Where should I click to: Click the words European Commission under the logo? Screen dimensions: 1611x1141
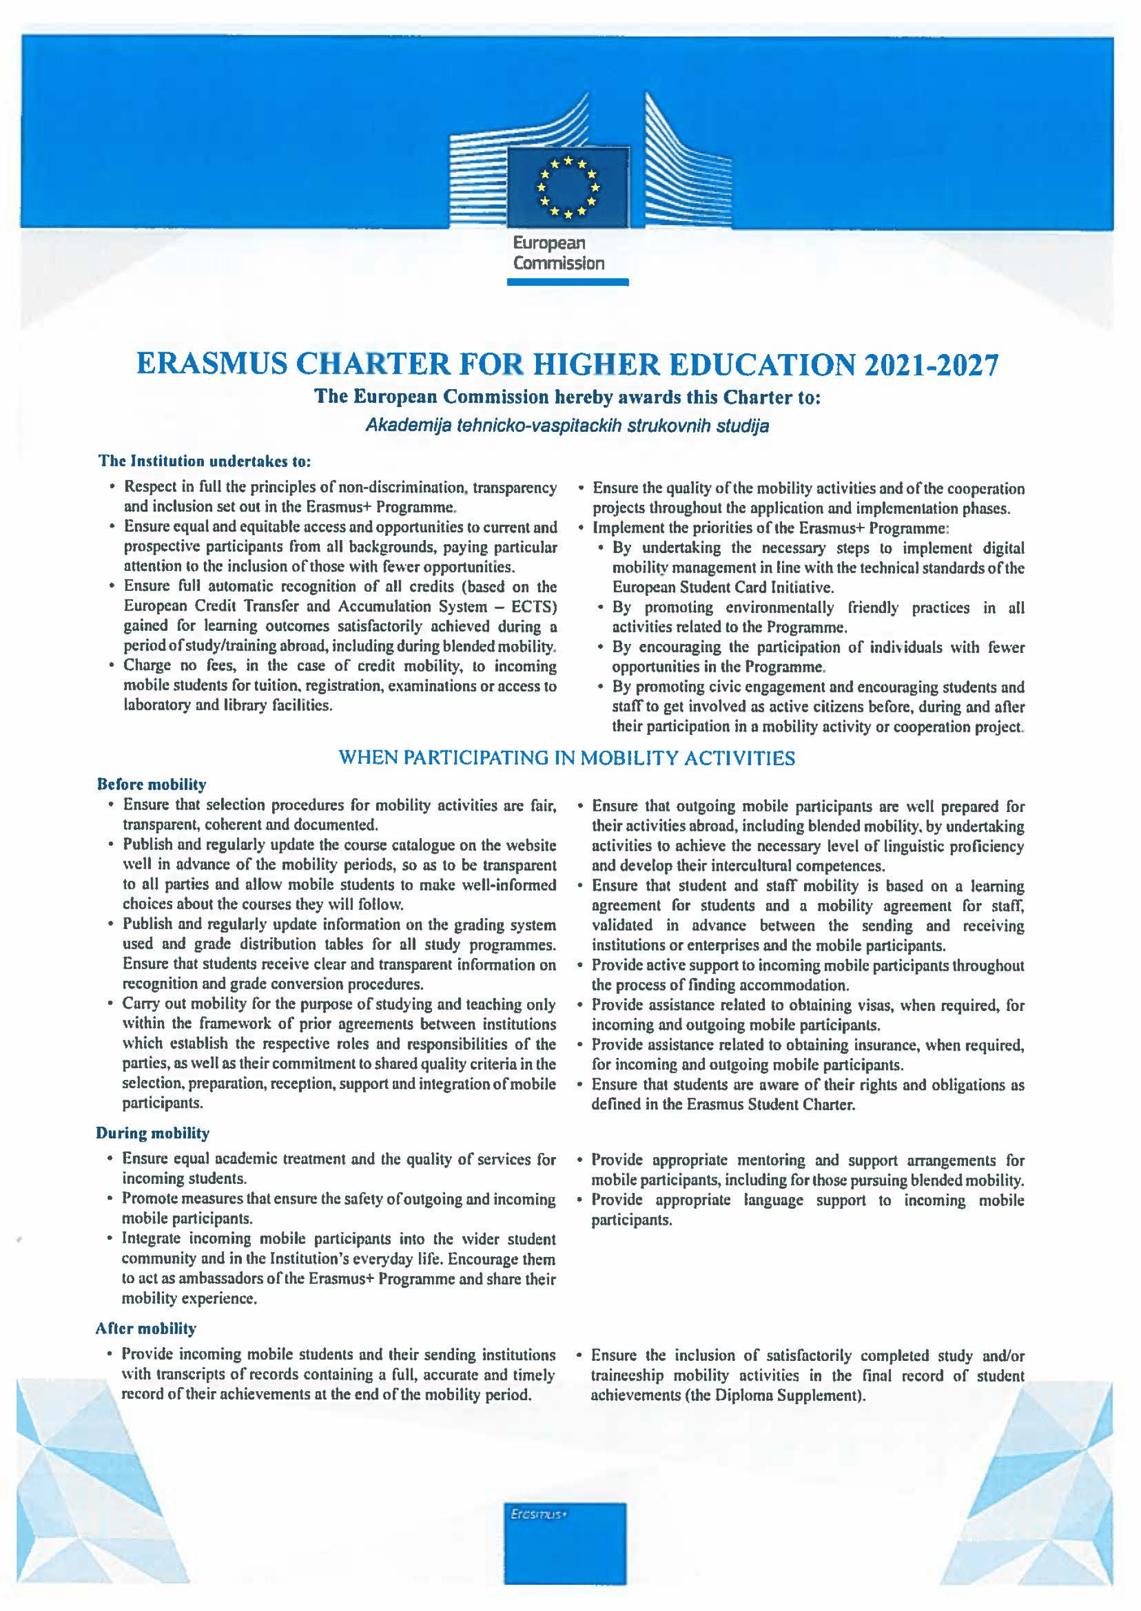pyautogui.click(x=559, y=254)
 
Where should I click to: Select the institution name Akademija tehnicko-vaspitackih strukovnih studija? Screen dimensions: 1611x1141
pyautogui.click(x=567, y=427)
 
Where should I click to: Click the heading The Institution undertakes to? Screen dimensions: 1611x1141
pyautogui.click(x=204, y=462)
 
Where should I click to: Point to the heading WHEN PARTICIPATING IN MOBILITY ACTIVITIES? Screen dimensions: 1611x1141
pyautogui.click(x=567, y=759)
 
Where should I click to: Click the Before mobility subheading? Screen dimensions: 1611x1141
pyautogui.click(x=151, y=784)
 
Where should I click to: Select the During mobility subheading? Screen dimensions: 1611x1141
pyautogui.click(x=153, y=1133)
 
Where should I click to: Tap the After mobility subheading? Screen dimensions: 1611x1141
pyautogui.click(x=146, y=1329)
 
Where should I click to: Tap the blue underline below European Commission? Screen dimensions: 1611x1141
pyautogui.click(x=567, y=282)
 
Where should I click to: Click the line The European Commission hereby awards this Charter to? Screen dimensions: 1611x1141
pyautogui.click(x=567, y=397)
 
